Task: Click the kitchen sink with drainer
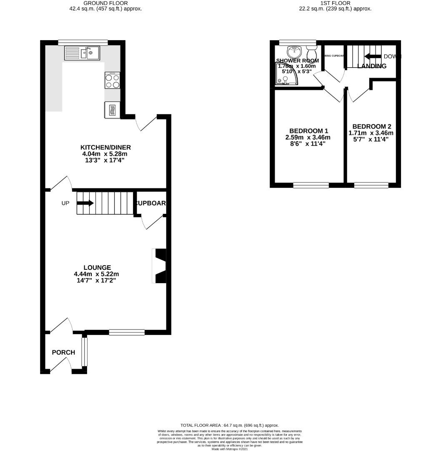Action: (x=82, y=53)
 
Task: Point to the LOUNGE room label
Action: (x=97, y=268)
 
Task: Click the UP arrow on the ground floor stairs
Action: (x=85, y=203)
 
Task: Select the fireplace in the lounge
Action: (x=160, y=266)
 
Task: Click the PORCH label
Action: (x=63, y=352)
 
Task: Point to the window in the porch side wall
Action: (x=85, y=351)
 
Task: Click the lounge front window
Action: (x=127, y=332)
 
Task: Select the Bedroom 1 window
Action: (x=311, y=185)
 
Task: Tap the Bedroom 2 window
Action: (x=371, y=185)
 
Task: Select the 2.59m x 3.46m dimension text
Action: (x=308, y=137)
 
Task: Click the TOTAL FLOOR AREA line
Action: (x=229, y=425)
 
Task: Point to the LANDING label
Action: (x=372, y=66)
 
